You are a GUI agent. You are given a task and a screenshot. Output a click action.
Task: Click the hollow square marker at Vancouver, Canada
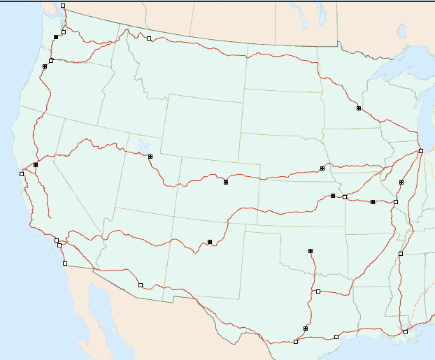63,6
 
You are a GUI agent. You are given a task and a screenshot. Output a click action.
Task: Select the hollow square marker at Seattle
64,31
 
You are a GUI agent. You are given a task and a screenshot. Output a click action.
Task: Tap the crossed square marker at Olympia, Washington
56,37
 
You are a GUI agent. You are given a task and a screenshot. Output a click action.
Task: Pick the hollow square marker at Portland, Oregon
51,61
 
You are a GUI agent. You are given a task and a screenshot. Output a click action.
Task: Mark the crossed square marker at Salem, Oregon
45,66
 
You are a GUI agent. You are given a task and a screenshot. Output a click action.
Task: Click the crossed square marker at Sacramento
36,165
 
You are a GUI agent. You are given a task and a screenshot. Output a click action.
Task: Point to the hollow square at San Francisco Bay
22,173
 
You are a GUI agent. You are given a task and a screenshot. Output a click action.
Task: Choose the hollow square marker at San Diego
65,264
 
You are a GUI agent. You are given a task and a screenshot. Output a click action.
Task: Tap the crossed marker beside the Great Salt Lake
150,157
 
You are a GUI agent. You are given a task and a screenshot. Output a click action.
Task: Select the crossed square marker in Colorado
226,182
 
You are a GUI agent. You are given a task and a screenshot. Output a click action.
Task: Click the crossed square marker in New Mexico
210,242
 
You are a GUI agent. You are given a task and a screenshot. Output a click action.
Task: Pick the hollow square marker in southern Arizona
141,285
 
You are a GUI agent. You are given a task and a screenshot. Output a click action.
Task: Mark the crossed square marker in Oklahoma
310,250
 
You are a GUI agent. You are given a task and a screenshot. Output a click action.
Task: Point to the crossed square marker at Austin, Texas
306,328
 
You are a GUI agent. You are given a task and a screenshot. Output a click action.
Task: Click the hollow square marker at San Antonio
296,342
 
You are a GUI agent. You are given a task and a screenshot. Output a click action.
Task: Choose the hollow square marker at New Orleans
406,331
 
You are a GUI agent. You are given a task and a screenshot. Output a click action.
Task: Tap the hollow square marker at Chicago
420,151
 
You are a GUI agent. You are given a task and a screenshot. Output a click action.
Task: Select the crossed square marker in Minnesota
359,108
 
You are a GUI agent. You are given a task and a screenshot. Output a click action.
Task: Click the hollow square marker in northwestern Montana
149,38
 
